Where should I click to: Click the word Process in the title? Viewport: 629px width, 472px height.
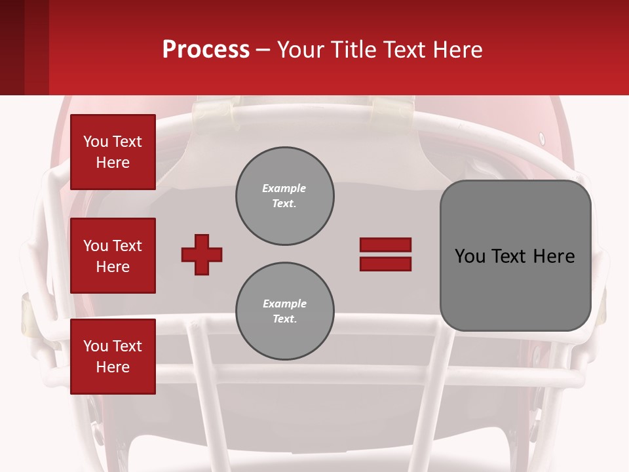[x=206, y=50]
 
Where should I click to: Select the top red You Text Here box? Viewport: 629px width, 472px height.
[x=113, y=152]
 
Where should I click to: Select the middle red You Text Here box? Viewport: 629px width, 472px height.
[x=113, y=256]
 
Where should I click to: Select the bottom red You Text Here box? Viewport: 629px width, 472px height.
[x=113, y=357]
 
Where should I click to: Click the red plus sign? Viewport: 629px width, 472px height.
[x=202, y=254]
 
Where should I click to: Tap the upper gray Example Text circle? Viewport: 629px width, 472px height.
[x=284, y=196]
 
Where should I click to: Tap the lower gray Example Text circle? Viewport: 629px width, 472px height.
[x=284, y=311]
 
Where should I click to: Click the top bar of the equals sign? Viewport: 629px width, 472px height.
[x=385, y=245]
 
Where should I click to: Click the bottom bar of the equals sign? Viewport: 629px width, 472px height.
[x=385, y=264]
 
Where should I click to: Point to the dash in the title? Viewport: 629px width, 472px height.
[x=263, y=50]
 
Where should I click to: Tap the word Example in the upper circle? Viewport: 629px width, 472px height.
[x=284, y=188]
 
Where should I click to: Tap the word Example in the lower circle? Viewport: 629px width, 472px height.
[x=284, y=304]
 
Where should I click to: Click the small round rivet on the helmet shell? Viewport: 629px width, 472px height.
[x=541, y=138]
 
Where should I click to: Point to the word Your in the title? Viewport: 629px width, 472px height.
[x=301, y=50]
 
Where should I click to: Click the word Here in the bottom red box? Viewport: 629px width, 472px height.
[x=113, y=367]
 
